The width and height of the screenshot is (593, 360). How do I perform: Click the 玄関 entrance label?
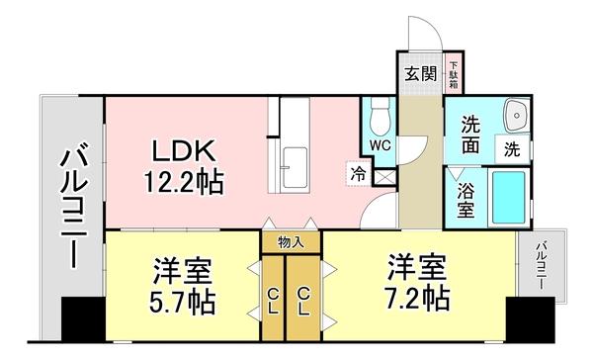coord(419,73)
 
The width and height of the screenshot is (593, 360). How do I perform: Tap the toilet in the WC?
coord(380,120)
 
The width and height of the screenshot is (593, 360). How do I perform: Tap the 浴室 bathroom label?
coord(465,199)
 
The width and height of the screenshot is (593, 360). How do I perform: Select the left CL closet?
coord(272,298)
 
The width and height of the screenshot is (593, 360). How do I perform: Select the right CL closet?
coord(304,298)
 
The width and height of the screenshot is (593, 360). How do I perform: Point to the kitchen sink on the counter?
coord(295,169)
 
